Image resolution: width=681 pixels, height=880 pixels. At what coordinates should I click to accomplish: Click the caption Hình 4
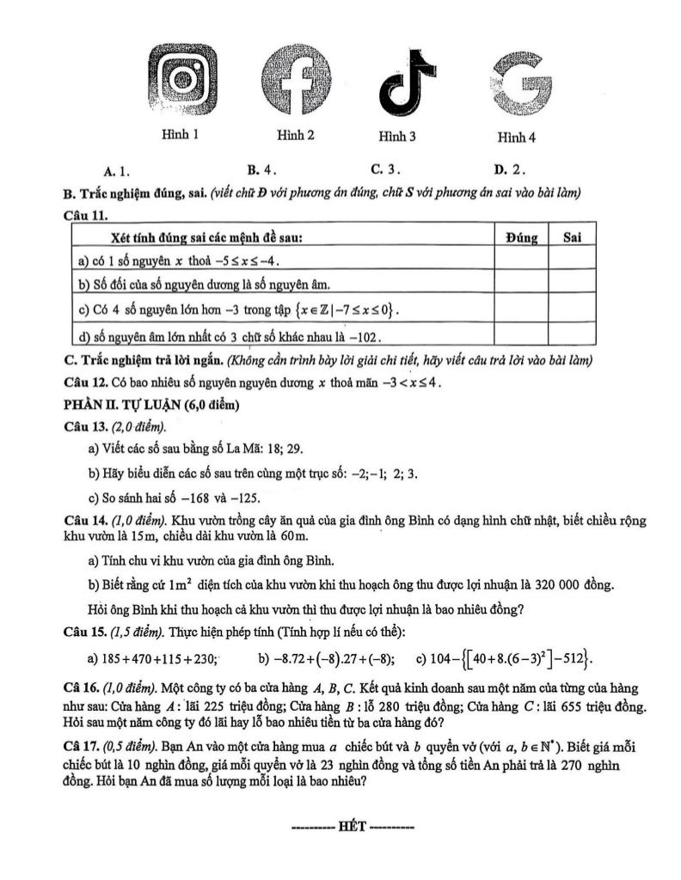[x=517, y=137]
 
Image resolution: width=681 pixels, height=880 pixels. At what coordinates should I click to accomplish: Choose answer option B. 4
[x=261, y=169]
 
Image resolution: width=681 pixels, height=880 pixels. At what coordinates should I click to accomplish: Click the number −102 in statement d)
[x=364, y=335]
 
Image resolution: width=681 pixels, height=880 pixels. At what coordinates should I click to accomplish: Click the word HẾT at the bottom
[x=353, y=827]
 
